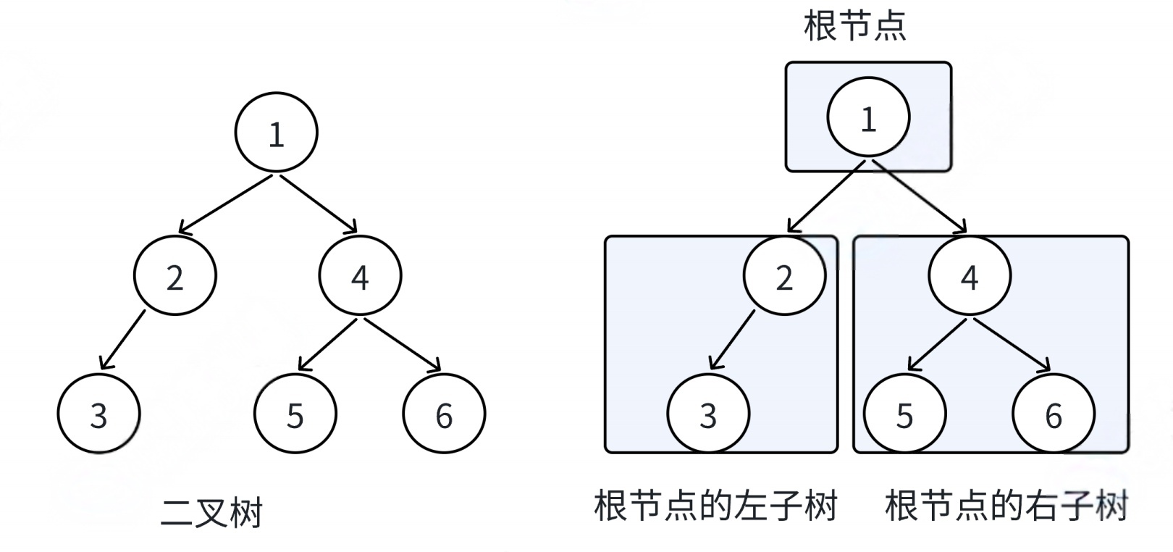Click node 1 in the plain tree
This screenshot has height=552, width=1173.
click(277, 133)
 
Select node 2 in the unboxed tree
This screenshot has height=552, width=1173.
click(175, 276)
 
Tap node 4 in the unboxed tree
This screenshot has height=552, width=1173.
click(360, 276)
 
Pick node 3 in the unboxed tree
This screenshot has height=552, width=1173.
click(98, 414)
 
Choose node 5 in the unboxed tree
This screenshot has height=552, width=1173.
click(295, 414)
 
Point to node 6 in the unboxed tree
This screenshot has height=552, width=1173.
click(444, 414)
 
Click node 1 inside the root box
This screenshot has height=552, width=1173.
click(868, 117)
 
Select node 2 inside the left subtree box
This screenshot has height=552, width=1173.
click(784, 276)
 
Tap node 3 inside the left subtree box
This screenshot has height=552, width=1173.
click(708, 414)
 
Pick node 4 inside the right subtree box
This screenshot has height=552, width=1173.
click(970, 276)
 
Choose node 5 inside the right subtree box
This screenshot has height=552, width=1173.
click(904, 414)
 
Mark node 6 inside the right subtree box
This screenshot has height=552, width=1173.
click(1054, 414)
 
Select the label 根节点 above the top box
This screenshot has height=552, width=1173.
click(855, 26)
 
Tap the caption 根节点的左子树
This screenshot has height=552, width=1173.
click(715, 505)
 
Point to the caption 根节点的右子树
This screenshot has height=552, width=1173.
click(1006, 505)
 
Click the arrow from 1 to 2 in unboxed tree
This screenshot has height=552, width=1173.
click(226, 204)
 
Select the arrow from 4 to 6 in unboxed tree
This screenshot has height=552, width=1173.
click(400, 345)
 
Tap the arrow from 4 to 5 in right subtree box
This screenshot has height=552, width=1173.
click(938, 345)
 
